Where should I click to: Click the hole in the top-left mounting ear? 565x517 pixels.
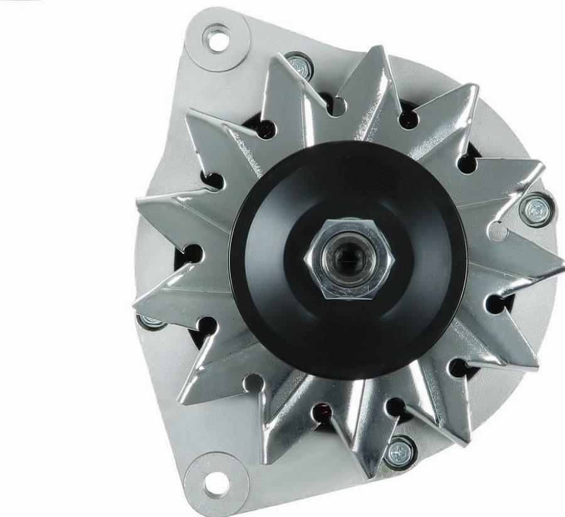coord(217,38)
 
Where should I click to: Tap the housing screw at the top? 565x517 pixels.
coord(299,65)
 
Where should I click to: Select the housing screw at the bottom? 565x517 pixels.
coord(398,452)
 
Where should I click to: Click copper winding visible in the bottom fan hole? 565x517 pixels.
coord(323,412)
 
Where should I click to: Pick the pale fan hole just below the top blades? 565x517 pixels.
coord(337,106)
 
